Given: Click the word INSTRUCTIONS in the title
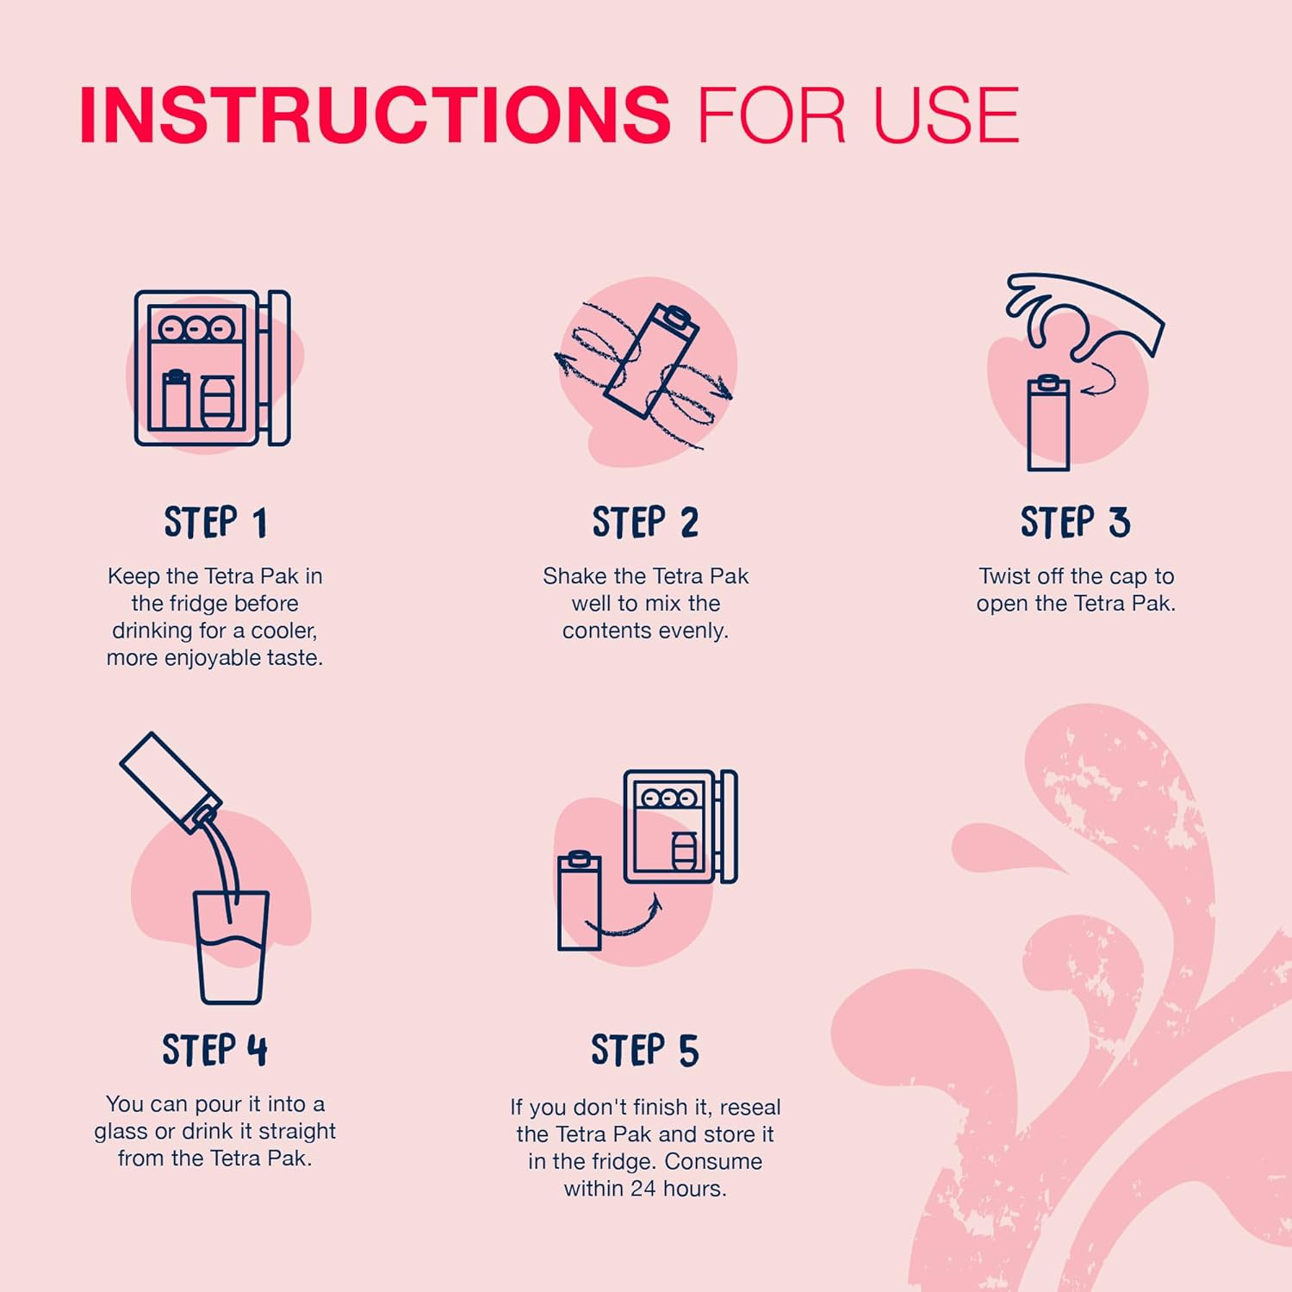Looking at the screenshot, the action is [x=375, y=115].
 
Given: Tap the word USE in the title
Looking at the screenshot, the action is [x=947, y=115].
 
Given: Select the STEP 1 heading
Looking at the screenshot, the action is [x=215, y=523].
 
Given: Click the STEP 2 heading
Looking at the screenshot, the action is [x=645, y=523].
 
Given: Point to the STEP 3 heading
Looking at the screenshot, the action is [x=1075, y=523].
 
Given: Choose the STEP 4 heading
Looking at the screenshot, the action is [x=215, y=1050].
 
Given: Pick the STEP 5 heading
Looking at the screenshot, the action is [x=645, y=1050].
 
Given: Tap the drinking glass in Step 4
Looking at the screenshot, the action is [x=231, y=947].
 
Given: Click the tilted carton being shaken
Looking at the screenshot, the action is [x=651, y=361].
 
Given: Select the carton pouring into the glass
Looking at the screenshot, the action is [x=171, y=782].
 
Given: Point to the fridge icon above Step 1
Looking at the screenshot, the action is [x=212, y=368].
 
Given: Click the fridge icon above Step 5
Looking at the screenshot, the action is [x=680, y=826].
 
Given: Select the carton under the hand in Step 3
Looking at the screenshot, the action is [x=1049, y=423].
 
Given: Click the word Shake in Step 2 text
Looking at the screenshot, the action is [x=575, y=576].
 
